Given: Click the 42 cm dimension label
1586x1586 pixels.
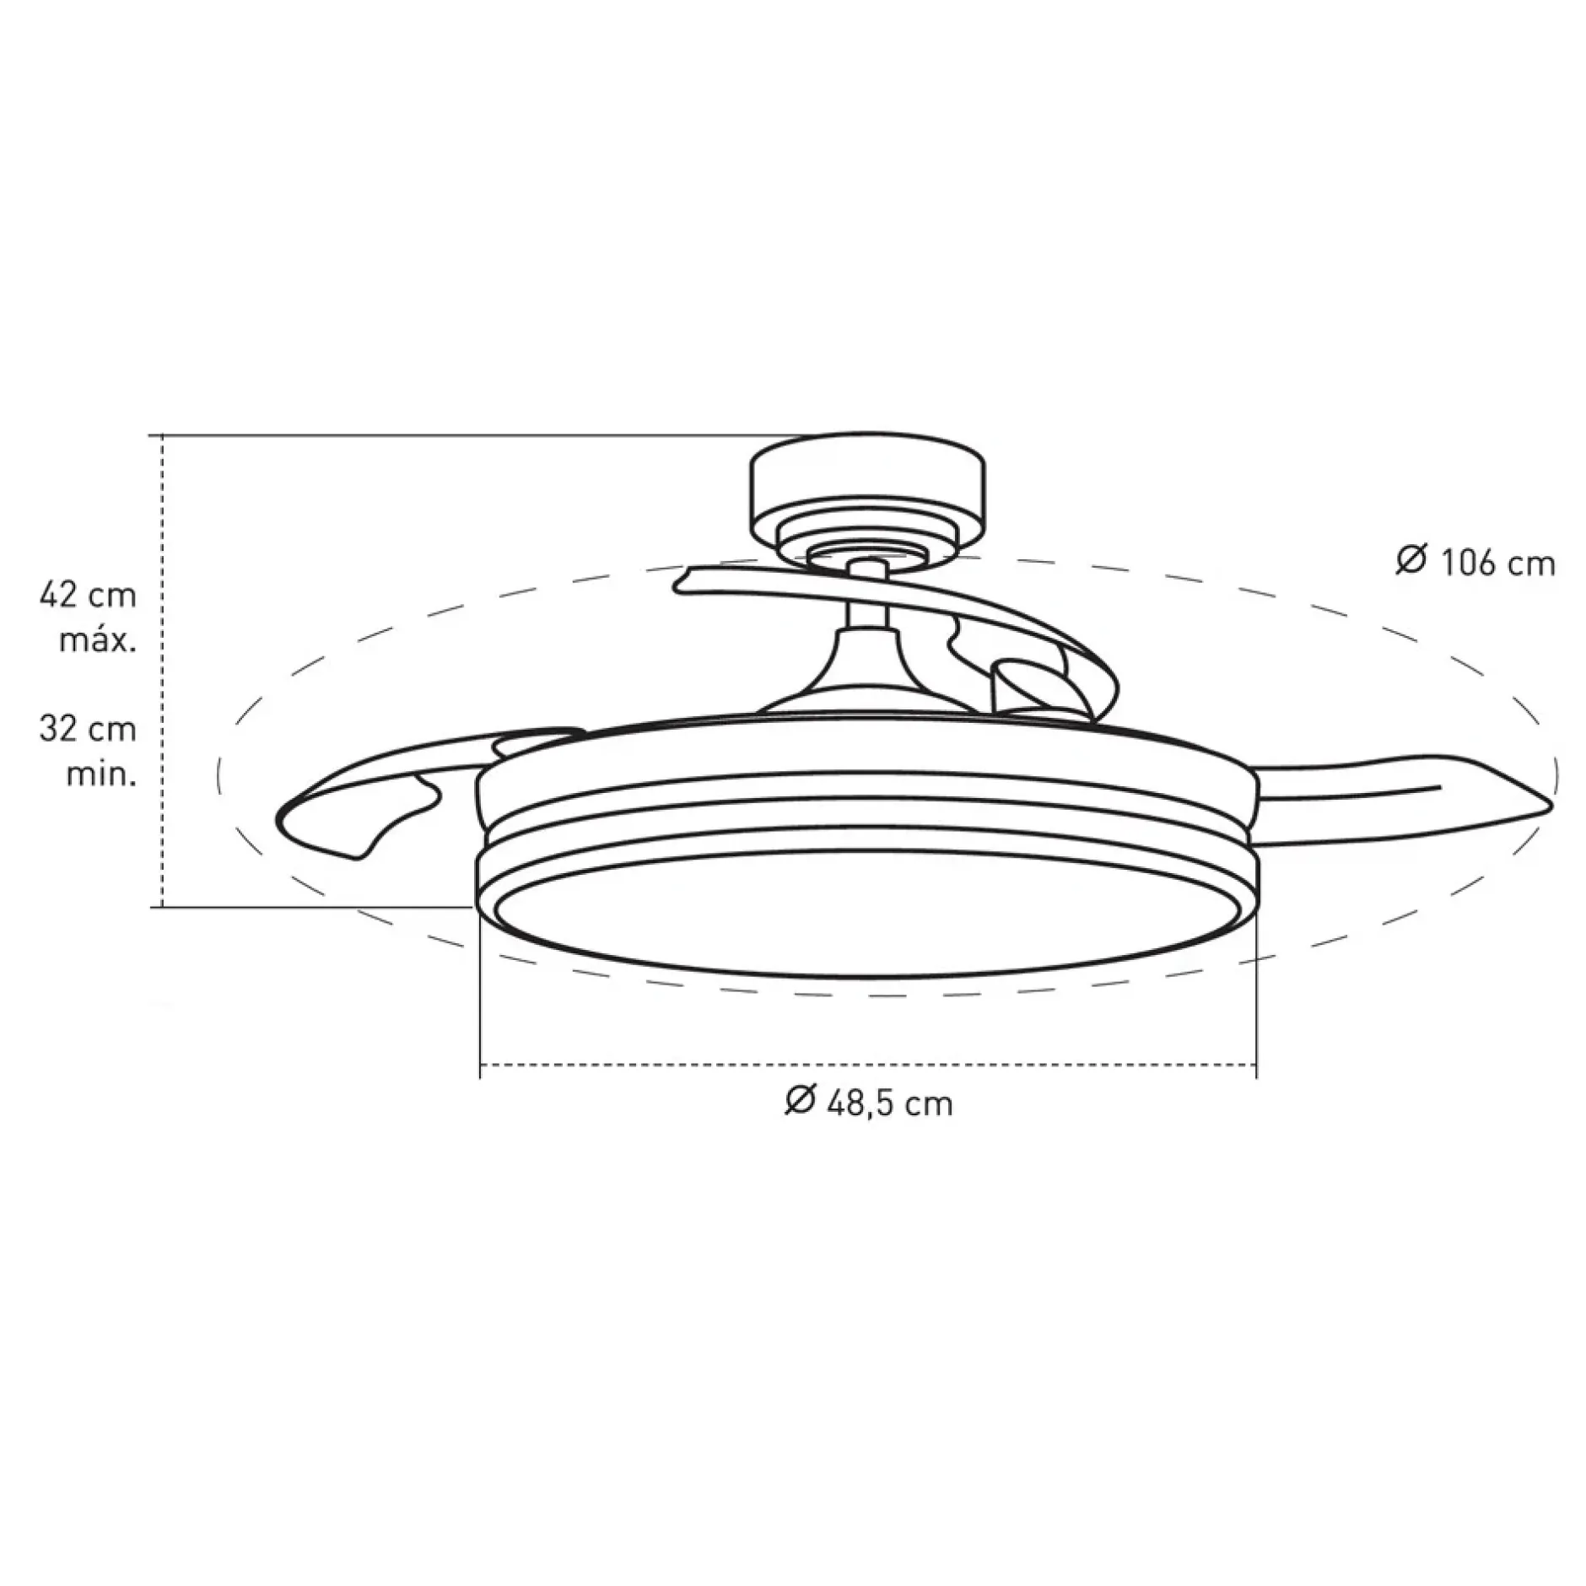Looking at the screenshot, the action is point(88,596).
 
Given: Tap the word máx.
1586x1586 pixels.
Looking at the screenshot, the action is point(98,641).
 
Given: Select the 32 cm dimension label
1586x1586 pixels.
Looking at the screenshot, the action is point(88,729).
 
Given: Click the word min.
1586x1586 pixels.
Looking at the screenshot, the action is point(101,773).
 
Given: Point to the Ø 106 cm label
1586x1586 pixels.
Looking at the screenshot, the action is point(1475,562).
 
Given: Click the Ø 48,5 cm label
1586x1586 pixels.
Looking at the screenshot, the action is point(869,1102).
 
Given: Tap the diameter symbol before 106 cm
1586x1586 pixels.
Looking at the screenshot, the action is point(1410,561).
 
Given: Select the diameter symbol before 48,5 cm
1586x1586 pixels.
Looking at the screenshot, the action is point(800,1101).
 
